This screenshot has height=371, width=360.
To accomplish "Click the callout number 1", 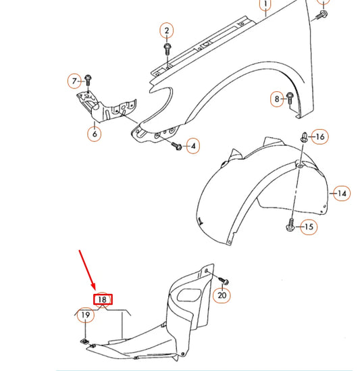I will pos(265,6).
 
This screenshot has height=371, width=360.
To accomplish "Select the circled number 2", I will pos(167,30).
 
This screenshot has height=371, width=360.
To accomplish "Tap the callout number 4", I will pos(193,145).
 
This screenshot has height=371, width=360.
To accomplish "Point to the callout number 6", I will pos(95,134).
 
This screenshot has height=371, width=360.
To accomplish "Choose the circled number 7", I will pos(74,82).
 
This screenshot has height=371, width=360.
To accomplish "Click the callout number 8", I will pos(276,99).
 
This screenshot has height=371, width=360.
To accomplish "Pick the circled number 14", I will pos(342,193).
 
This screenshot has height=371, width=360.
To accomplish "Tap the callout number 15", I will pos(308,227).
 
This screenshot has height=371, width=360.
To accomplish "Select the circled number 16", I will pos(320,137).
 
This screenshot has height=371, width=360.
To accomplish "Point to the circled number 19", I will pos(85,315).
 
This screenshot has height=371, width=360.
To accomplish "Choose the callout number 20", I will pos(222,295).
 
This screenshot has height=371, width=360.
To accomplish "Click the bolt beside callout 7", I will pos(88,82).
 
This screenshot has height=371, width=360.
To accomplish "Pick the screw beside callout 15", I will pos(290,225).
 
